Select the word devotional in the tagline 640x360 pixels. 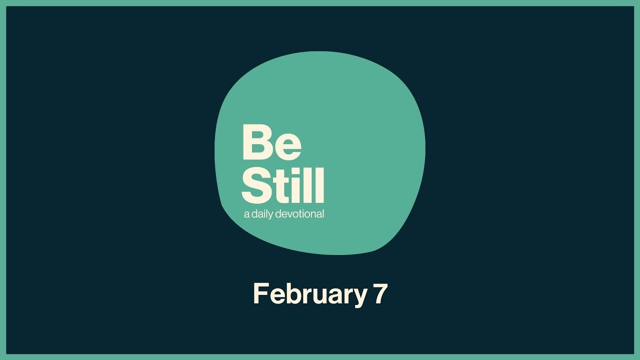click(301, 214)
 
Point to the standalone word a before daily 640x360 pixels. click(246, 215)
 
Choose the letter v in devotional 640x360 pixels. click(291, 215)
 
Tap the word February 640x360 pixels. click(310, 294)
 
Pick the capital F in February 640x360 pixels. click(259, 293)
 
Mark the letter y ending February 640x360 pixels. click(360, 298)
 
